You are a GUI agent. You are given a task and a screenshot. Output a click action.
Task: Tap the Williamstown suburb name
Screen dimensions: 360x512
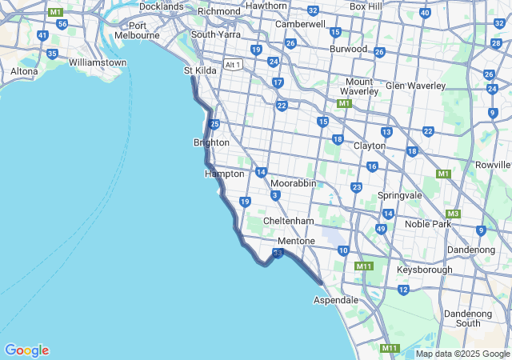98,62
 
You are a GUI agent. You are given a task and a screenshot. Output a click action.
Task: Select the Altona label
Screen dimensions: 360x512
24,71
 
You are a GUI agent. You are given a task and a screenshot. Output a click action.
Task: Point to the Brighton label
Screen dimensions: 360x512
211,142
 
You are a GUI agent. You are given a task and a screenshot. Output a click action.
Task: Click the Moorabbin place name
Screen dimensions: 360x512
293,183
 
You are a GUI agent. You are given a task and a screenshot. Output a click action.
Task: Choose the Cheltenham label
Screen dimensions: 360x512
288,221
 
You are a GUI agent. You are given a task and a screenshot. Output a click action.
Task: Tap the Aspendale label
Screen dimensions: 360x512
336,300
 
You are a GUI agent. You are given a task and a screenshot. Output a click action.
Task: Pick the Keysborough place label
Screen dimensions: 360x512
424,270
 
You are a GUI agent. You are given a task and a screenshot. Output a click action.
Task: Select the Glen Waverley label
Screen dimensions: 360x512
415,86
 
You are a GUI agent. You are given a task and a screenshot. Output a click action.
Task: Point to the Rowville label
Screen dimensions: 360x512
493,165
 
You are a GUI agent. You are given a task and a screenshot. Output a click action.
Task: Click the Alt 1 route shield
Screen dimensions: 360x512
234,65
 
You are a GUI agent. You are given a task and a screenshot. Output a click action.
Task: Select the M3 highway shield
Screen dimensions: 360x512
454,214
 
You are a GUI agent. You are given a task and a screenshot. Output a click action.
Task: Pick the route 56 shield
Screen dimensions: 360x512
62,24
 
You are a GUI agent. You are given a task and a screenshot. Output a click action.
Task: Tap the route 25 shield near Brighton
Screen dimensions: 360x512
214,124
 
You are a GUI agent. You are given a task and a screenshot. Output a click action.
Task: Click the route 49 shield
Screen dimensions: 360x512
381,229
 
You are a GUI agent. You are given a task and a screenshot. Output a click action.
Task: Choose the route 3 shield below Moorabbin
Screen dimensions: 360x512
275,195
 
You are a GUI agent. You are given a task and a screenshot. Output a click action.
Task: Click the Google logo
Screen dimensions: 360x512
26,350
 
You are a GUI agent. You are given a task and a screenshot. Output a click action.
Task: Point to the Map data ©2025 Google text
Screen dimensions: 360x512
462,354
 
